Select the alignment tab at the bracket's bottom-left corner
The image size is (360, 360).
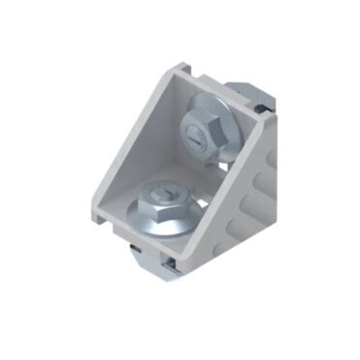pyautogui.click(x=99, y=218)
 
